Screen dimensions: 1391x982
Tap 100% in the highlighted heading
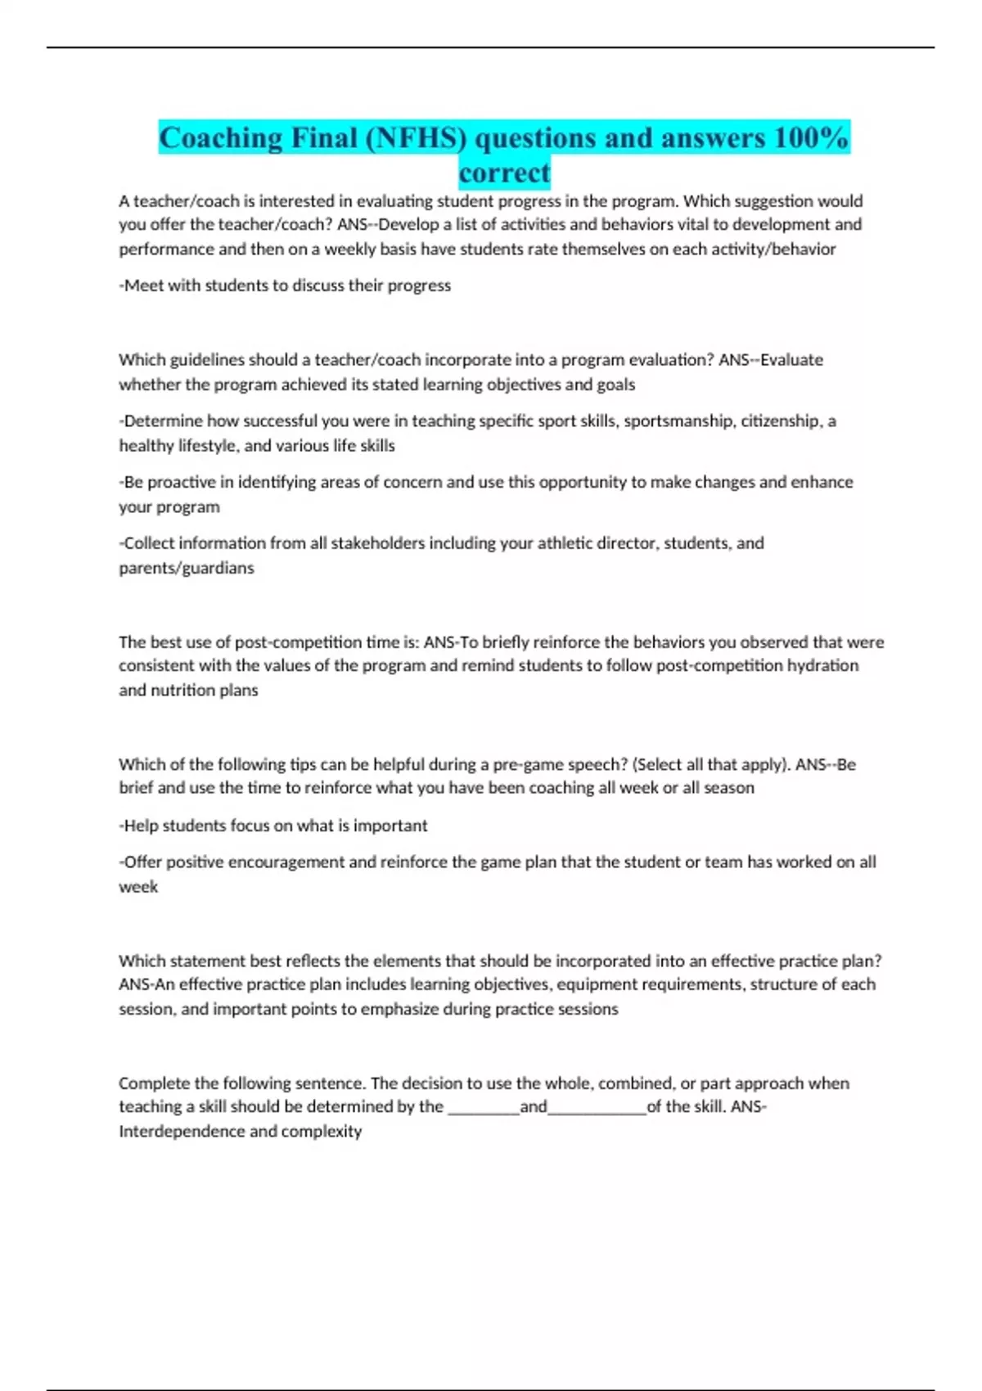coord(810,137)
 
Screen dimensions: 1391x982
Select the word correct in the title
coord(504,173)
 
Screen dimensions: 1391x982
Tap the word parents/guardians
coord(187,567)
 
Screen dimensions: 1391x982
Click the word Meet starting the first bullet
coord(143,286)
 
